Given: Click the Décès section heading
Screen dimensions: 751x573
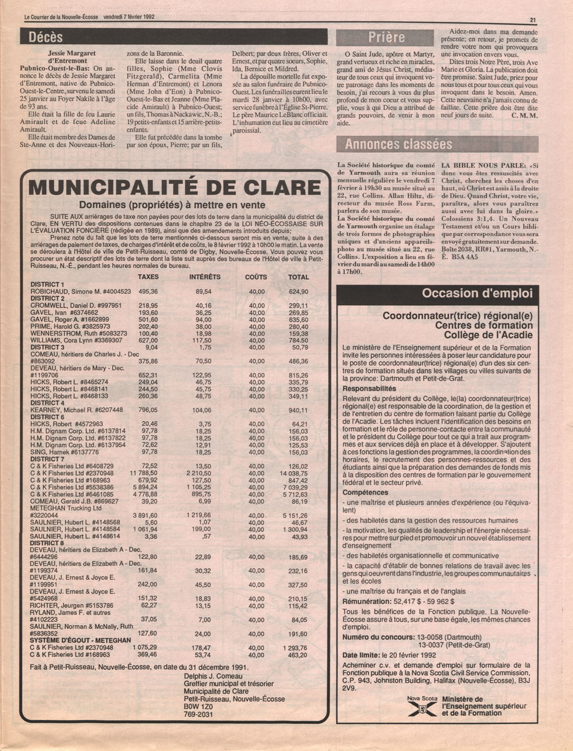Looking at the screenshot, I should [46, 37].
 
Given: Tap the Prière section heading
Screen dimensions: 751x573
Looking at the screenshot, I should [387, 37].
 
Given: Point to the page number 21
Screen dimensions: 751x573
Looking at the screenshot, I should [533, 20].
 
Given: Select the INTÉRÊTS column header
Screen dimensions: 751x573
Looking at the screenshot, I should [205, 277].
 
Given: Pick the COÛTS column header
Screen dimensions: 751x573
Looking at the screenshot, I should [256, 277].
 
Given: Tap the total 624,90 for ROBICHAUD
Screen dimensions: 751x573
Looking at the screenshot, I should [298, 291].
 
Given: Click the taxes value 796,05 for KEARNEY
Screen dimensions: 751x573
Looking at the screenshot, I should [148, 410].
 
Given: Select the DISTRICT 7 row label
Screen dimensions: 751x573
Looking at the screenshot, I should [47, 459].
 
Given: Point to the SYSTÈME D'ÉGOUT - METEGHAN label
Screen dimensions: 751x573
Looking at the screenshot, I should [80, 640].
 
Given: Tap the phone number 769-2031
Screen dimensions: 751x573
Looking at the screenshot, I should [198, 714].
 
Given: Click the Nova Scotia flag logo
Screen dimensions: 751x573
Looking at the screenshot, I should [421, 707].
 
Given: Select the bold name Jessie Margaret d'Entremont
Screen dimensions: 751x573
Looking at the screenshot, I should [72, 56].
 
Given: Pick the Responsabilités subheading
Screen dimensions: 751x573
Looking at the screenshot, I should [369, 389].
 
